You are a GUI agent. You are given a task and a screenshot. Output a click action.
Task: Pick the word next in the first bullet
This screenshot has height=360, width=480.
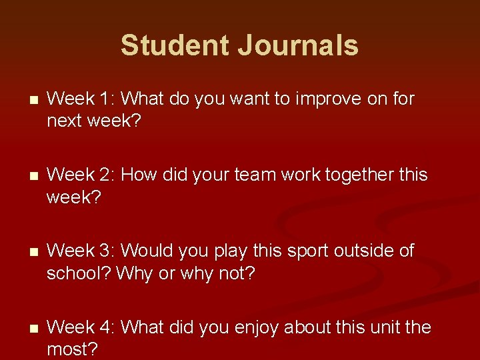67,122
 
